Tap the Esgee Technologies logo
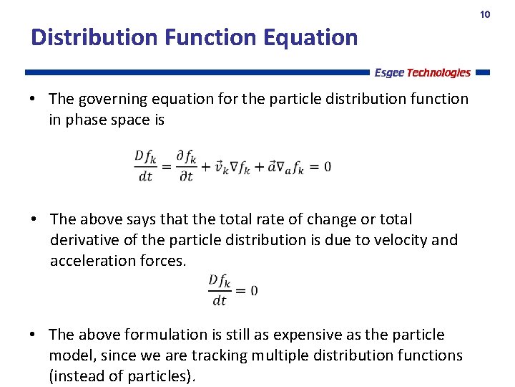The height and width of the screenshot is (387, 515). click(422, 72)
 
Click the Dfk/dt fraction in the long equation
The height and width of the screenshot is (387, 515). click(146, 166)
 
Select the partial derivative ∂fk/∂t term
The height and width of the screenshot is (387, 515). click(186, 166)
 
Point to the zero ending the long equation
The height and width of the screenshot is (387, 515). click(327, 167)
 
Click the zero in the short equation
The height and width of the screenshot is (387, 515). click(254, 291)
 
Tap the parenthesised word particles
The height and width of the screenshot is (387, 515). click(160, 376)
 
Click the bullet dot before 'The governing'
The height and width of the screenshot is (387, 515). click(34, 99)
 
